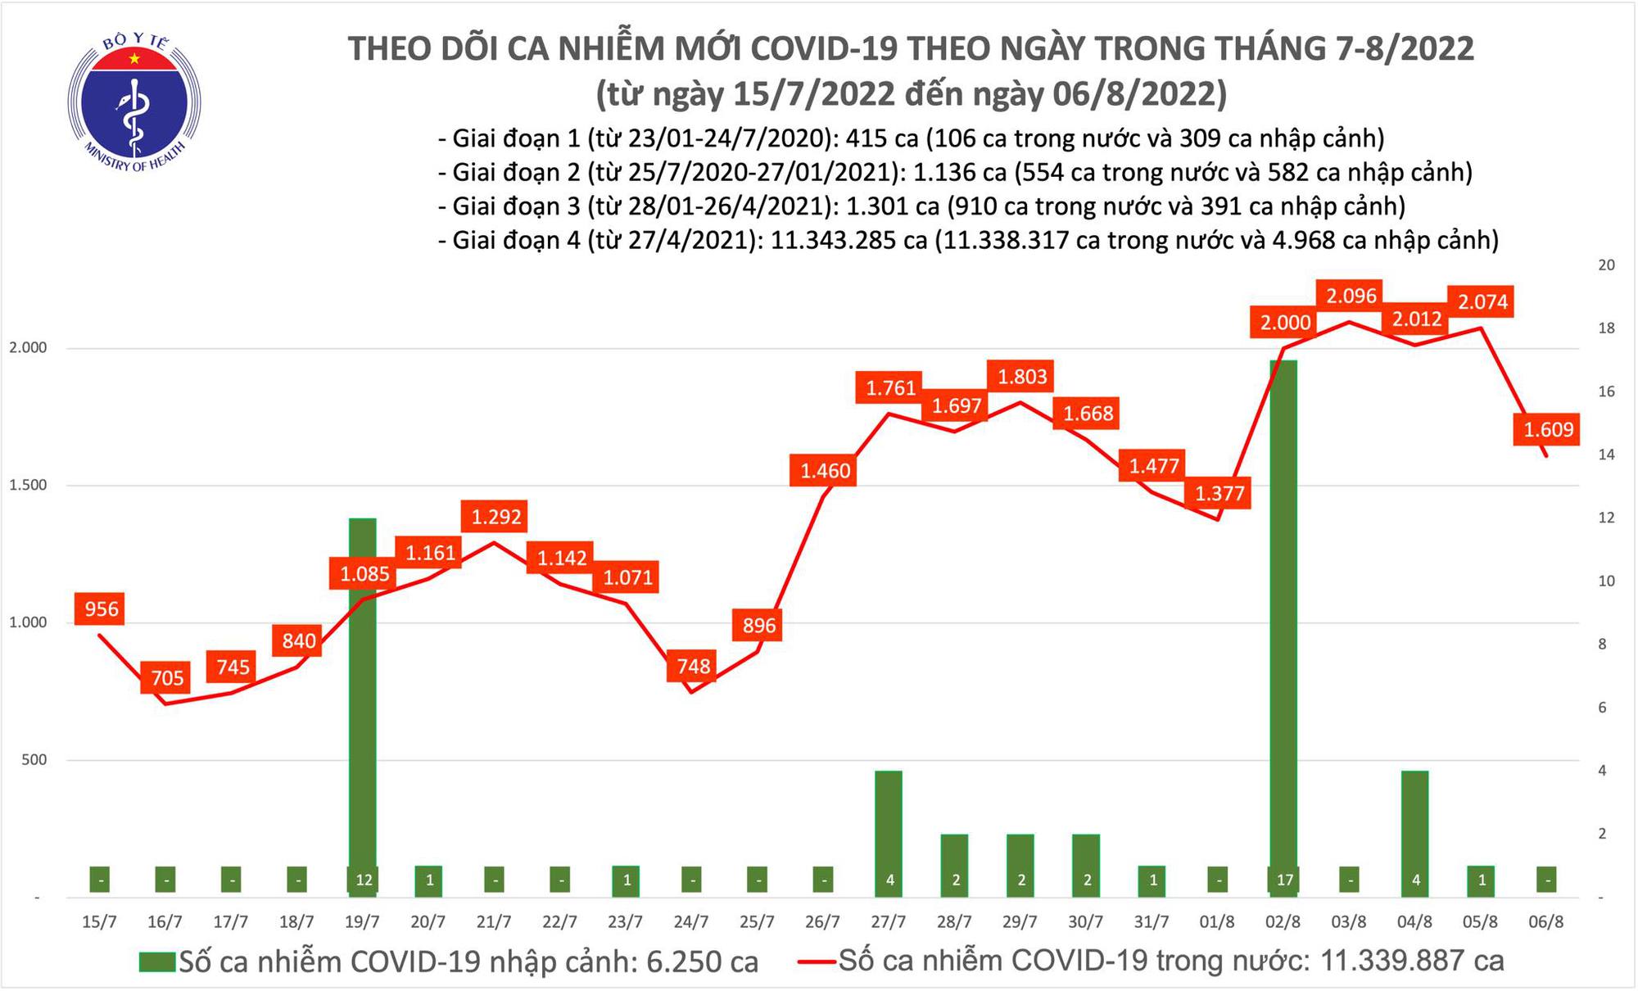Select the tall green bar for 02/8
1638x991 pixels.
[x=1283, y=622]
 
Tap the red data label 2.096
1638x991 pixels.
[x=1351, y=296]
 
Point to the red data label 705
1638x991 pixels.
[x=167, y=678]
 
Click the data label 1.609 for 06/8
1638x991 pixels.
[x=1548, y=429]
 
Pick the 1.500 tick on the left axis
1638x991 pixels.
[x=28, y=486]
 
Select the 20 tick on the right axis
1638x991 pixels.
[x=1607, y=265]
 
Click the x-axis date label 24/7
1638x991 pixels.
[x=691, y=922]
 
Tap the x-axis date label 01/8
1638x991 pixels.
[x=1217, y=922]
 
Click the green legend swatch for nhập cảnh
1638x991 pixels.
[x=157, y=962]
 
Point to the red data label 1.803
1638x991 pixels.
[x=1022, y=377]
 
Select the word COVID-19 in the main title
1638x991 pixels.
[x=820, y=49]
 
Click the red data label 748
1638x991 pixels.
[x=693, y=666]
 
